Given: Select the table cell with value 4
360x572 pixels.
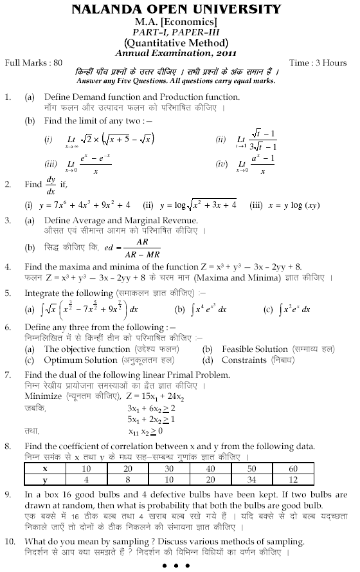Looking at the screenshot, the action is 104,479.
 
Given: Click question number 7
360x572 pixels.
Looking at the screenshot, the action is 8,374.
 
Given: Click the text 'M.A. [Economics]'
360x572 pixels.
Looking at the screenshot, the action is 181,21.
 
